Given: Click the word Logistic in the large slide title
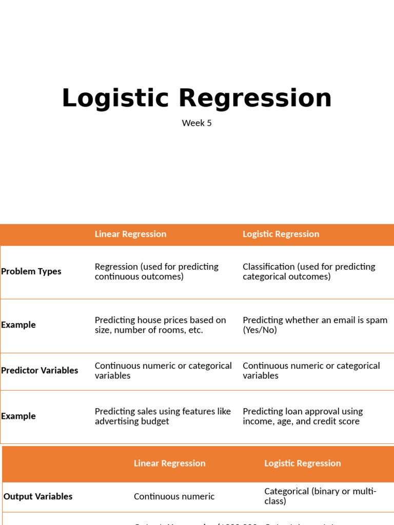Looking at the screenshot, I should [115, 98].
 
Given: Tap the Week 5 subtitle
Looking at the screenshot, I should [196, 123].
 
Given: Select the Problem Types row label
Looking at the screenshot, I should [31, 271].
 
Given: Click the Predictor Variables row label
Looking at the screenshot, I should [40, 370].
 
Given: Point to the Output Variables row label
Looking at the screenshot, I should [38, 496].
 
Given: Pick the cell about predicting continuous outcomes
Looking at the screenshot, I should [156, 272].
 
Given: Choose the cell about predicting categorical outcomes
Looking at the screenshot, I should [309, 272].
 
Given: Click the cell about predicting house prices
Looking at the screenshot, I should [160, 325].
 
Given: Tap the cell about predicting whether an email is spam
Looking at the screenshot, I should [315, 325].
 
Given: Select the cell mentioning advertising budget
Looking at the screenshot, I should [163, 416].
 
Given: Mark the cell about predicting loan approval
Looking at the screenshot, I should [303, 416].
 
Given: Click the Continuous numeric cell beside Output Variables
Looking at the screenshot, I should [174, 496].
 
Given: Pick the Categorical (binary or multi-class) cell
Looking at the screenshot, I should [320, 496].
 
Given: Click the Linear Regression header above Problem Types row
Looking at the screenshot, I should [130, 234].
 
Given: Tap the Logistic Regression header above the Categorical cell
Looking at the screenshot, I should [302, 463].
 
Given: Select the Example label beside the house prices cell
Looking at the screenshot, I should [18, 325].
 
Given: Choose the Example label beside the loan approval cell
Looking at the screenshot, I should [18, 416].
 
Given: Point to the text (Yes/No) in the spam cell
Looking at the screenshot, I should [260, 330].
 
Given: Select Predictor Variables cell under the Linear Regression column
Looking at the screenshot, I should [163, 371].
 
